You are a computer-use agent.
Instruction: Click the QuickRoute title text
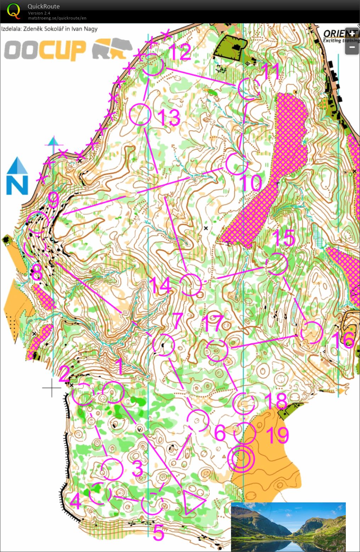pyautogui.click(x=44, y=6)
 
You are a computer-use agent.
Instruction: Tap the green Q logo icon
pyautogui.click(x=13, y=11)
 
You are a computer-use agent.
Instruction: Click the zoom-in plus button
pyautogui.click(x=352, y=34)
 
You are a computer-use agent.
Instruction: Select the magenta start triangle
pyautogui.click(x=193, y=502)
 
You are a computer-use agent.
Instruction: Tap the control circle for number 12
pyautogui.click(x=152, y=65)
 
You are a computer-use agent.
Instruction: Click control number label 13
pyautogui.click(x=169, y=117)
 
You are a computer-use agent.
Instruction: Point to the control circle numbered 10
pyautogui.click(x=237, y=164)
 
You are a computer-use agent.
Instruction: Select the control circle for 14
pyautogui.click(x=191, y=285)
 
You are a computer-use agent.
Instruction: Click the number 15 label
pyautogui.click(x=284, y=238)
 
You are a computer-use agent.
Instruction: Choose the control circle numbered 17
pyautogui.click(x=217, y=350)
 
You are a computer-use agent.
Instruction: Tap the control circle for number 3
pyautogui.click(x=112, y=469)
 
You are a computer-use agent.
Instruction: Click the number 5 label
pyautogui.click(x=158, y=533)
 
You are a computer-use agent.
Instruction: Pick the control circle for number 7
pyautogui.click(x=164, y=345)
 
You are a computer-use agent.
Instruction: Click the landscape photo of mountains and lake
pyautogui.click(x=288, y=526)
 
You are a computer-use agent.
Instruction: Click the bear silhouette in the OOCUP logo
pyautogui.click(x=112, y=49)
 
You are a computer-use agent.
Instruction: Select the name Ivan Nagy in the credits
pyautogui.click(x=84, y=29)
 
